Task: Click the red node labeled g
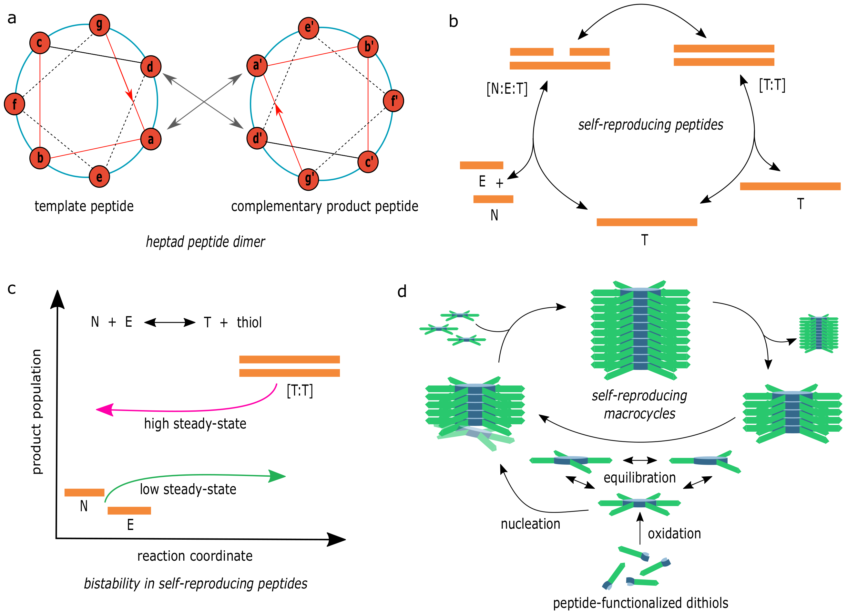click(x=99, y=25)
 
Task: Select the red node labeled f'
click(x=393, y=101)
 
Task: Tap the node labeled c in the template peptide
click(x=40, y=43)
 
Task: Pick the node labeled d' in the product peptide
click(x=257, y=138)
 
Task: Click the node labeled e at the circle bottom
click(x=99, y=176)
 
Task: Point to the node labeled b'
click(x=368, y=46)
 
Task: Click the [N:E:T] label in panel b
click(x=507, y=89)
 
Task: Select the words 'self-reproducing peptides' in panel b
click(x=650, y=124)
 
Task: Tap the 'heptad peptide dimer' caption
click(x=205, y=242)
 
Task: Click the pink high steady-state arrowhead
click(x=105, y=410)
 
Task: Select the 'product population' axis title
click(x=36, y=411)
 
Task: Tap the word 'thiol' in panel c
click(x=249, y=322)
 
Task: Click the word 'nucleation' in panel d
click(x=530, y=524)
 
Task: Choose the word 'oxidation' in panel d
click(x=674, y=534)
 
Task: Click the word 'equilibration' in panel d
click(x=639, y=478)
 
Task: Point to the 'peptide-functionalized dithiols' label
click(x=640, y=603)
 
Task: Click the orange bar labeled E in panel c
click(x=129, y=510)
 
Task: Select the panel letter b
click(x=454, y=21)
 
